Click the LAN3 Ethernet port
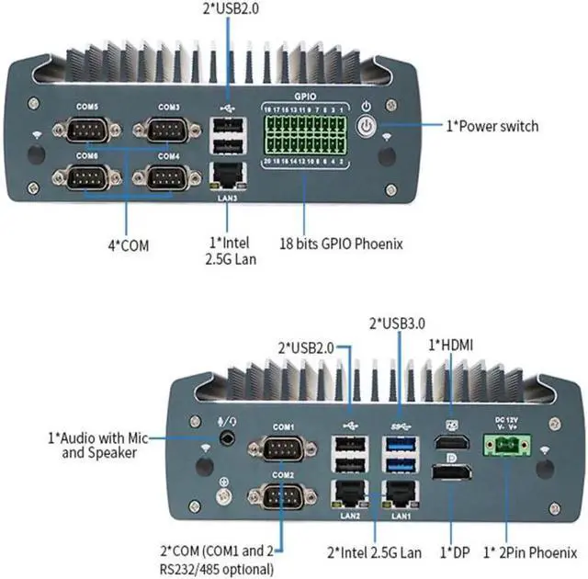(x=227, y=175)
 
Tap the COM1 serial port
(x=283, y=451)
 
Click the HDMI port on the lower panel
(x=451, y=444)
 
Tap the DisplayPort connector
(x=451, y=479)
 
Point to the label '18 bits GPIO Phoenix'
(x=341, y=244)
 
